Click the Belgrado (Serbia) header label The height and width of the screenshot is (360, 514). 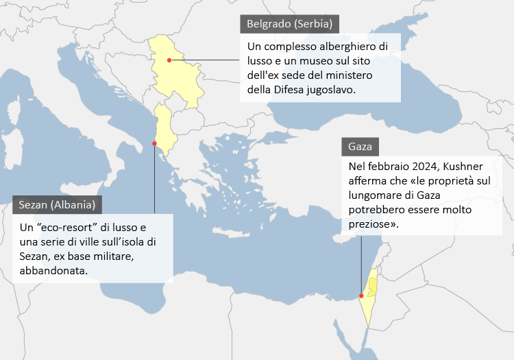pos(290,24)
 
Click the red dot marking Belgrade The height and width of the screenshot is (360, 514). pos(169,60)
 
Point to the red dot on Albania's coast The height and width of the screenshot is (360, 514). pos(155,143)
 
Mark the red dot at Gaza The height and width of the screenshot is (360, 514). pos(361,296)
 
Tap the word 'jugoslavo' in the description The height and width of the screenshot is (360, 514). pos(332,90)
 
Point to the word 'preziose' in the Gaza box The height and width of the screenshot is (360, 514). pos(370,224)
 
